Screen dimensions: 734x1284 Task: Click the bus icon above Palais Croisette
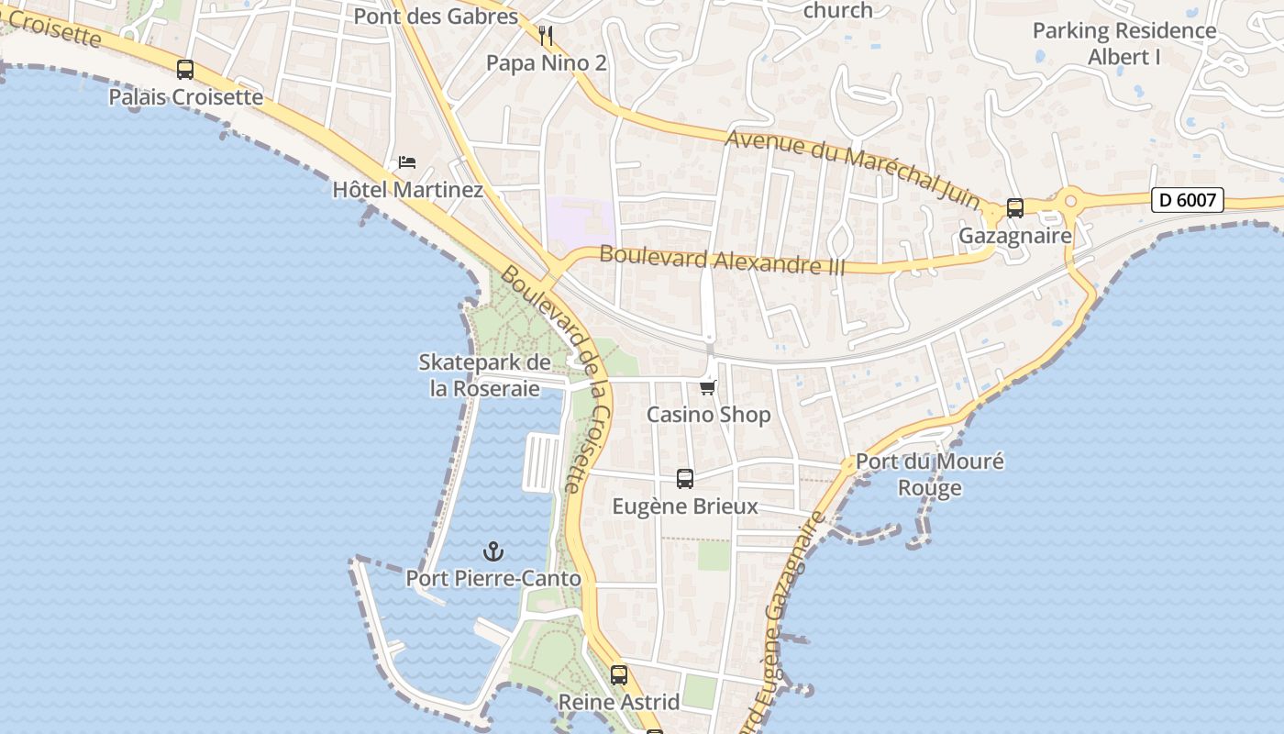[185, 70]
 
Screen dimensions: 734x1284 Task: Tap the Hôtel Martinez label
[407, 190]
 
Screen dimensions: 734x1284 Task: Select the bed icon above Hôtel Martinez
[407, 162]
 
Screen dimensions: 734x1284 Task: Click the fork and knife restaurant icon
[546, 36]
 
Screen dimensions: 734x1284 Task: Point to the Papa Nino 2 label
[547, 62]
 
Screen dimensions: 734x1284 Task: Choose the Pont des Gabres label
[436, 16]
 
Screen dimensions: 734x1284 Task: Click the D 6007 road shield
[1188, 200]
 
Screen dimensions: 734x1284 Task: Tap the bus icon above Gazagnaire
[1015, 208]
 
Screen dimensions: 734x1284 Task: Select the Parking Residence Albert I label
[1124, 43]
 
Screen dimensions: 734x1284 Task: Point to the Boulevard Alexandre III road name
[709, 260]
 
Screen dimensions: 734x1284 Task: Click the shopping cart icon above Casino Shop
[707, 387]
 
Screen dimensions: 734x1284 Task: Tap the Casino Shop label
[709, 415]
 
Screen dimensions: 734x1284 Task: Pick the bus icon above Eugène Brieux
[685, 478]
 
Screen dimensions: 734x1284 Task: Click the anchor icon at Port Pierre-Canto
[493, 551]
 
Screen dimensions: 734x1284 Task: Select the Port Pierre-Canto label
[493, 579]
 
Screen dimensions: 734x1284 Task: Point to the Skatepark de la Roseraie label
[485, 375]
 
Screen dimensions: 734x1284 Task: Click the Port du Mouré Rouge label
[929, 473]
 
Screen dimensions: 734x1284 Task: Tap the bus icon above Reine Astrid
[619, 675]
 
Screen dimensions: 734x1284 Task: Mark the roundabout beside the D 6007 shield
[1069, 199]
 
